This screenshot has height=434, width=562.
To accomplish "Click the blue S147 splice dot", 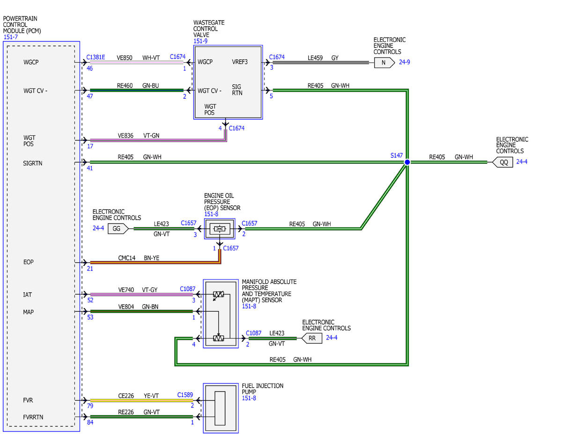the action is (x=407, y=162).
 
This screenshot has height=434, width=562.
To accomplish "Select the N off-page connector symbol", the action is (x=385, y=63).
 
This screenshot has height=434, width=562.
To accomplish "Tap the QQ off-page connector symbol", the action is (x=503, y=162).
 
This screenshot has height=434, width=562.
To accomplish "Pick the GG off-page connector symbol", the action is (x=118, y=228).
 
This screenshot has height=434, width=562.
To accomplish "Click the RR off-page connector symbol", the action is (x=312, y=338).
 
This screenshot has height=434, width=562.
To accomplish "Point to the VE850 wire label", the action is (x=125, y=58).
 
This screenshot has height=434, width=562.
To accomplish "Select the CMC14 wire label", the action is (x=127, y=258).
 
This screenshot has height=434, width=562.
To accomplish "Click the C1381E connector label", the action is (x=96, y=57).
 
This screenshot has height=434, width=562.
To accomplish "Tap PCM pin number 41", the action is (x=90, y=168).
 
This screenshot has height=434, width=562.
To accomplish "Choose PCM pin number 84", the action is (x=90, y=422).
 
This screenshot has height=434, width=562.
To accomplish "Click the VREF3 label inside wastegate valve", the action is (x=240, y=62).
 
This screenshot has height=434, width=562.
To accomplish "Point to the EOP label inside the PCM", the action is (x=29, y=262).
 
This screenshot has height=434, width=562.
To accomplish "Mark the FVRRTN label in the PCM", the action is (x=33, y=417).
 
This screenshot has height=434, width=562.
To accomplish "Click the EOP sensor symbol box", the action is (x=220, y=229).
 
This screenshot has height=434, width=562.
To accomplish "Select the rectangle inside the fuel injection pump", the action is (x=220, y=408).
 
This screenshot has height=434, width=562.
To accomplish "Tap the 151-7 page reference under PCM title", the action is (x=11, y=37).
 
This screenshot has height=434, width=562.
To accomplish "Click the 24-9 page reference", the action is (x=405, y=62).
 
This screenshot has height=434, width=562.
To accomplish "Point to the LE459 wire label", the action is (x=315, y=58).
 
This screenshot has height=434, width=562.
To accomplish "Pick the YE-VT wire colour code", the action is (x=151, y=396).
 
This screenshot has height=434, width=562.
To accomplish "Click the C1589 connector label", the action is (x=185, y=395).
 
